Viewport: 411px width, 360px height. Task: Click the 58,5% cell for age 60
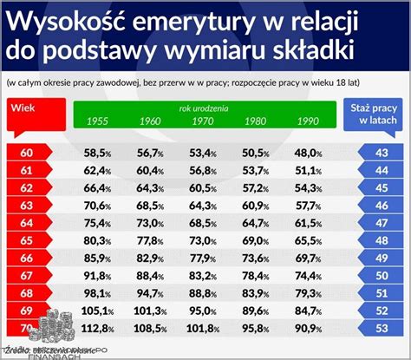tap(98, 153)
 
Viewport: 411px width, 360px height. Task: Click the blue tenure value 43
tap(380, 153)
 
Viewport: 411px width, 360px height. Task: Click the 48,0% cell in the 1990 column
tap(307, 153)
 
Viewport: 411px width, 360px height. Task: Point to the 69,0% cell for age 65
tap(255, 240)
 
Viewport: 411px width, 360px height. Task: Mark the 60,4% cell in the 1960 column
tap(150, 170)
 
